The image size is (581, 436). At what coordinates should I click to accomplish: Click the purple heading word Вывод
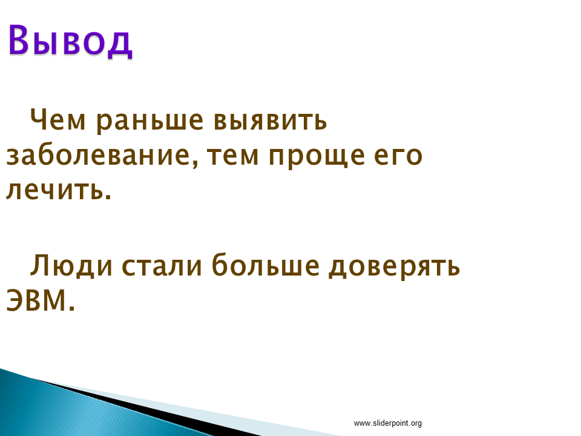(x=70, y=41)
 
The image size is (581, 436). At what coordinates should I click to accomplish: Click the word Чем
(x=58, y=120)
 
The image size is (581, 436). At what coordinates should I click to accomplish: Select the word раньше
(x=149, y=121)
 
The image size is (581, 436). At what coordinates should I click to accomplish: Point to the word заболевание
(x=99, y=156)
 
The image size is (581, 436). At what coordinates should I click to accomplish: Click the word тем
(x=232, y=156)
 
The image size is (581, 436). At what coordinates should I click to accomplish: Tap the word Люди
(x=71, y=266)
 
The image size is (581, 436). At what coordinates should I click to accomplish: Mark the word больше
(x=265, y=265)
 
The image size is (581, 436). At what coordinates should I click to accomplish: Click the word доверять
(x=394, y=267)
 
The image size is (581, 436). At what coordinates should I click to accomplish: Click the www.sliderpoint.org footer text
(x=387, y=423)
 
